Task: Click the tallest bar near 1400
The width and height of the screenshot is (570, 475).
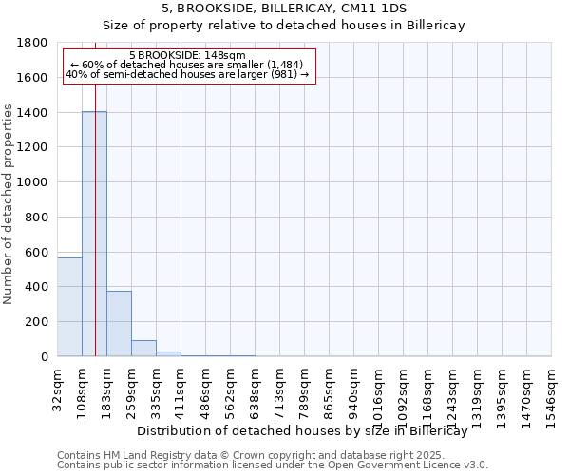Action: click(94, 234)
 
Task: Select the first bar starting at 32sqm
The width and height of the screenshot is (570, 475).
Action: click(69, 307)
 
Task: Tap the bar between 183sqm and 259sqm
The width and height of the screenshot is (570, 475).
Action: click(119, 323)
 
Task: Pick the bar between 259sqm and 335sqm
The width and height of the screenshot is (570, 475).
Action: click(143, 348)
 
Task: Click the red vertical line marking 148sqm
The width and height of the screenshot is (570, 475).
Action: click(96, 218)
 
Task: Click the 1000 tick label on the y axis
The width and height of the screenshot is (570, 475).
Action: click(35, 182)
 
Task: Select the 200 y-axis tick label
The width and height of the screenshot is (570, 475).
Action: click(39, 322)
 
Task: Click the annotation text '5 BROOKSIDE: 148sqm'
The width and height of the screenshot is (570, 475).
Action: click(187, 56)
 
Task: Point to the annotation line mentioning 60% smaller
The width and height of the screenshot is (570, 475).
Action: click(187, 65)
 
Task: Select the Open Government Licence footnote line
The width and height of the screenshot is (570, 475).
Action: click(273, 465)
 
